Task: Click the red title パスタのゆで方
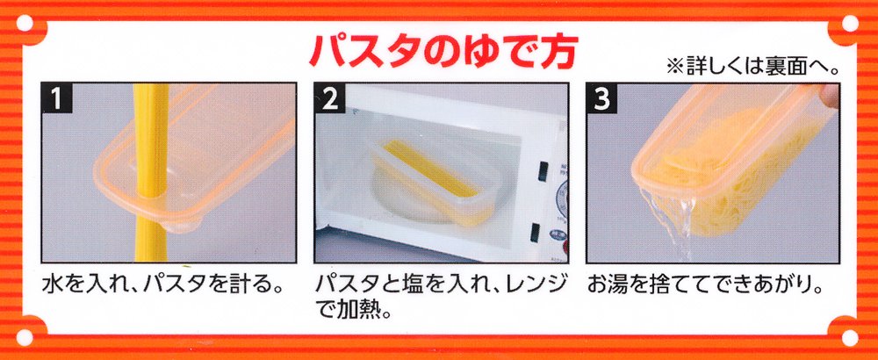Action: pyautogui.click(x=443, y=53)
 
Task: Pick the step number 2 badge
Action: pyautogui.click(x=329, y=97)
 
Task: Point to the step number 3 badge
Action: pyautogui.click(x=601, y=97)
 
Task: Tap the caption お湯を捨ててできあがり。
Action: pyautogui.click(x=705, y=285)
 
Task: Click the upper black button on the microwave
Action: pyautogui.click(x=541, y=171)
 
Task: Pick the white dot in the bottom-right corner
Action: pyautogui.click(x=849, y=337)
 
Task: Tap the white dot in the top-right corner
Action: pyautogui.click(x=849, y=24)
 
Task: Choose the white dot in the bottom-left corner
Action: pyautogui.click(x=25, y=337)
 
